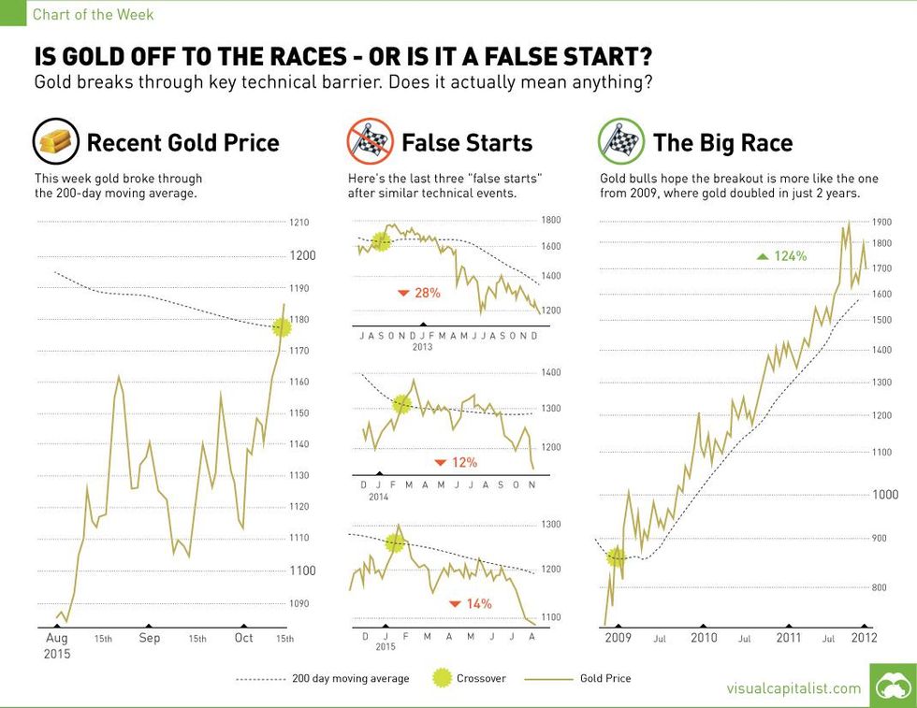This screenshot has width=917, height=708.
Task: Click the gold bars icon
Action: pyautogui.click(x=55, y=142)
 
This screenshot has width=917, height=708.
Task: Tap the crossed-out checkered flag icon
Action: pyautogui.click(x=368, y=142)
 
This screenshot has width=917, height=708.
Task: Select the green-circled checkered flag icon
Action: pyautogui.click(x=619, y=142)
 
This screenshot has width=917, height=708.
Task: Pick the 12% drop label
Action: pyautogui.click(x=457, y=462)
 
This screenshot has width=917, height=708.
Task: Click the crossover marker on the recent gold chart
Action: pyautogui.click(x=280, y=326)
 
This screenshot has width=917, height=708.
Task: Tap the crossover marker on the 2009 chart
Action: pyautogui.click(x=615, y=556)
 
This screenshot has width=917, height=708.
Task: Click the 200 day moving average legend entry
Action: pyautogui.click(x=322, y=678)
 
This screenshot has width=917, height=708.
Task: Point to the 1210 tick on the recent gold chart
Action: pyautogui.click(x=299, y=223)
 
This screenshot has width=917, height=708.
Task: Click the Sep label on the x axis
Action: pyautogui.click(x=149, y=638)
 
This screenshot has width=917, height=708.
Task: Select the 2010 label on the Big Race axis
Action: pyautogui.click(x=704, y=638)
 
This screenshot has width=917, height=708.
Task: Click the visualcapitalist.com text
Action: pyautogui.click(x=793, y=688)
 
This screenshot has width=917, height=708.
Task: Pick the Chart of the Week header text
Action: pyautogui.click(x=94, y=14)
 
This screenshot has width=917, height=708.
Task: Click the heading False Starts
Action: pyautogui.click(x=466, y=143)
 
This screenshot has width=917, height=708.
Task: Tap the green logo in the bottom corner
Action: pyautogui.click(x=893, y=686)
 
